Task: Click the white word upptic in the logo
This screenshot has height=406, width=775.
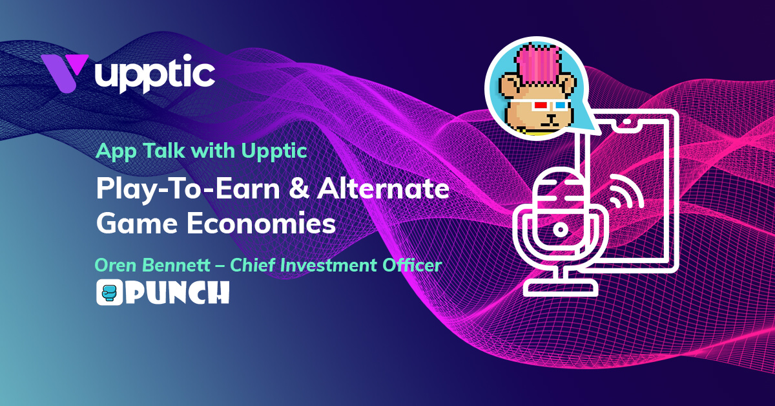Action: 154,74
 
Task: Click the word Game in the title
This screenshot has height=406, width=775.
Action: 137,224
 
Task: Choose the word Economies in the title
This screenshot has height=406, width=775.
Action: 261,224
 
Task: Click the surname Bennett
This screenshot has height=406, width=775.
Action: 176,265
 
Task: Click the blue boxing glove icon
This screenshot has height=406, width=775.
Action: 110,292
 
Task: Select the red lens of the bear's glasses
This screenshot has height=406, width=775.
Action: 540,105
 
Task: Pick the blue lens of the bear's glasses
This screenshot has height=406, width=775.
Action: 559,105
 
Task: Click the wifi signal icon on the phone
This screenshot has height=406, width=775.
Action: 626,193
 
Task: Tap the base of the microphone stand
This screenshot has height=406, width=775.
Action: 561,288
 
